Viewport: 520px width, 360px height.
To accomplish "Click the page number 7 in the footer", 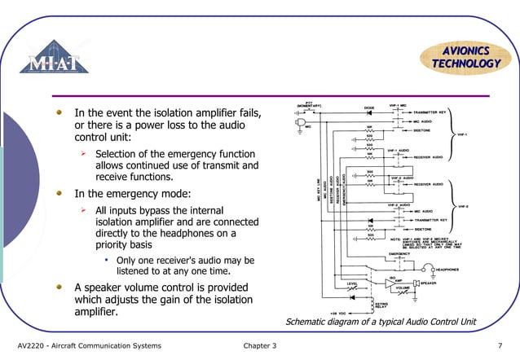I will pyautogui.click(x=499, y=345).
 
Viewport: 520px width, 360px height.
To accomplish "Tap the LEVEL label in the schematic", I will pyautogui.click(x=352, y=283).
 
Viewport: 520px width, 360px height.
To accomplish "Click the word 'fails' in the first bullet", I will pyautogui.click(x=248, y=112).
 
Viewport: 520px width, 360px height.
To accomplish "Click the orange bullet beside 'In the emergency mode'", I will pyautogui.click(x=59, y=194).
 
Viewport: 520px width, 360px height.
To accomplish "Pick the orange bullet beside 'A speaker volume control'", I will pyautogui.click(x=59, y=287).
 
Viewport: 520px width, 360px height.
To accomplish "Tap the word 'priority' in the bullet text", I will pyautogui.click(x=113, y=244).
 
